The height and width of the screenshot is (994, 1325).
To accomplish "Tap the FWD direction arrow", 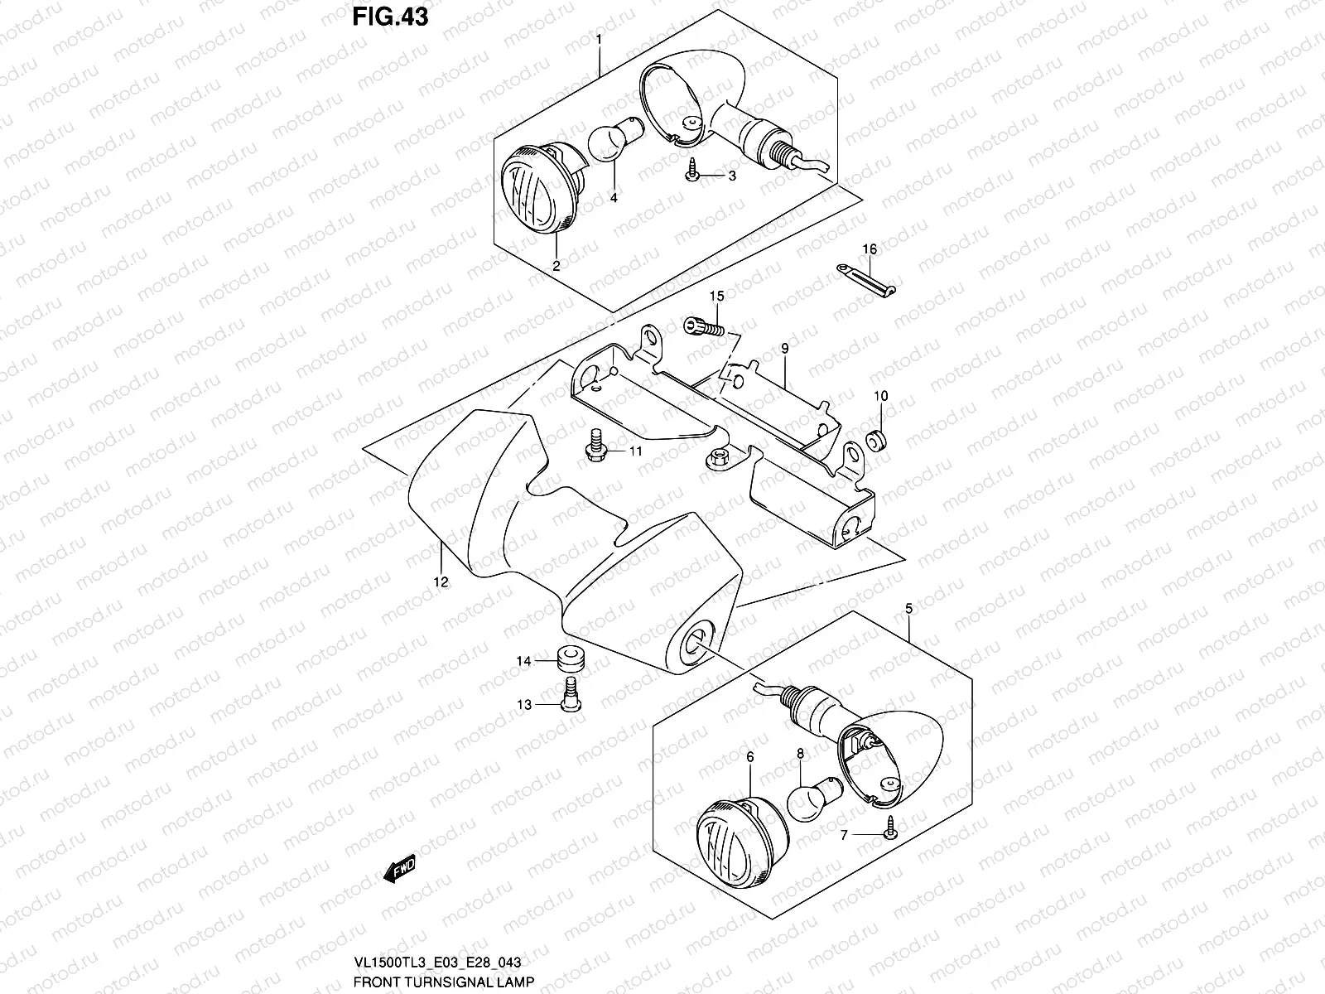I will click(x=399, y=870).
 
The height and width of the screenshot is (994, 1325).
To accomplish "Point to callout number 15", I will click(x=716, y=296).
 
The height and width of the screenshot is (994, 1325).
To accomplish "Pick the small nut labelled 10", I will click(x=877, y=437).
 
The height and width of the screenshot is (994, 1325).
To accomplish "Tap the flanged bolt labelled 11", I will click(x=593, y=443).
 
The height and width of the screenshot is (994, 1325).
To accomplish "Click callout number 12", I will click(x=441, y=582).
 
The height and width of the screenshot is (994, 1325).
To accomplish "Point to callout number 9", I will click(x=783, y=348).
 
